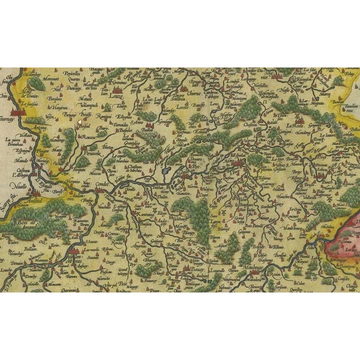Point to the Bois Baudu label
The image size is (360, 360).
click(263, 226)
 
